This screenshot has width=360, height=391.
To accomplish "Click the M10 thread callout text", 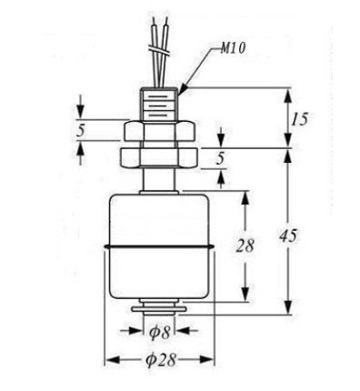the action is [233, 48].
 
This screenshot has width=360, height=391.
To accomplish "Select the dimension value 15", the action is [299, 119].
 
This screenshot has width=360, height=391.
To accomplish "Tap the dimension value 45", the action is [288, 236].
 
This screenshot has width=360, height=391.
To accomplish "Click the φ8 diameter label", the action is [159, 333].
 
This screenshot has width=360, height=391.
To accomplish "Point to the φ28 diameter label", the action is [161, 360].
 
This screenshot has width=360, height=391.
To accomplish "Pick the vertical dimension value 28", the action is [245, 246].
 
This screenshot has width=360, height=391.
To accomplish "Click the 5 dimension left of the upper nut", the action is [80, 131].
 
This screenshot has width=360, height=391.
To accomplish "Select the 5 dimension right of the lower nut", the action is [221, 158].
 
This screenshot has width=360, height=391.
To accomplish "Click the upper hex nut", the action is [159, 131].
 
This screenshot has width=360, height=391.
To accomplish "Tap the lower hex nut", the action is [159, 157].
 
